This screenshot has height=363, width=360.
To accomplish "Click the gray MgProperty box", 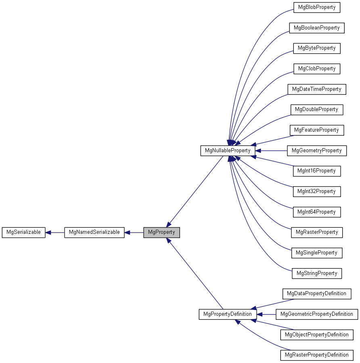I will pyautogui.click(x=161, y=233).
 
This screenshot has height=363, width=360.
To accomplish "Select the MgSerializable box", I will pyautogui.click(x=23, y=233).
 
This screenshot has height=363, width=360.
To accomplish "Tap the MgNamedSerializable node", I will pyautogui.click(x=94, y=233).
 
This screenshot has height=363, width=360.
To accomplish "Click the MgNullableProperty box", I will pyautogui.click(x=228, y=151).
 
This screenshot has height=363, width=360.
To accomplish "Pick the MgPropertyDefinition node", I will pyautogui.click(x=228, y=314).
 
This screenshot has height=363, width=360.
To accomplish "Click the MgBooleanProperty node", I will pyautogui.click(x=317, y=28).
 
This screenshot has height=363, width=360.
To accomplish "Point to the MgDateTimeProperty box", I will pyautogui.click(x=317, y=89).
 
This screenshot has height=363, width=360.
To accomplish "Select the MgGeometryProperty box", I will pyautogui.click(x=317, y=151).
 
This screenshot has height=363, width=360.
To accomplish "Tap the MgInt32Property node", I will pyautogui.click(x=317, y=191).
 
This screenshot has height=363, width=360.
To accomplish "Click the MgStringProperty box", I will pyautogui.click(x=317, y=273).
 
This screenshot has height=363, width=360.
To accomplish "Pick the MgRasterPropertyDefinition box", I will pyautogui.click(x=317, y=355).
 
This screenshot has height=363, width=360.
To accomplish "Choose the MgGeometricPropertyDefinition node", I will pyautogui.click(x=317, y=314).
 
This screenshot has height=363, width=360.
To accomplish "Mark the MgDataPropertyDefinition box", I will pyautogui.click(x=317, y=294).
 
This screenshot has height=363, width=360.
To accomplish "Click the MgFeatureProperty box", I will pyautogui.click(x=317, y=130).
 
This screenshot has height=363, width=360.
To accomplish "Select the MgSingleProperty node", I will pyautogui.click(x=317, y=253).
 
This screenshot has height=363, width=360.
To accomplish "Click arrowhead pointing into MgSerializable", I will pyautogui.click(x=48, y=233).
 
